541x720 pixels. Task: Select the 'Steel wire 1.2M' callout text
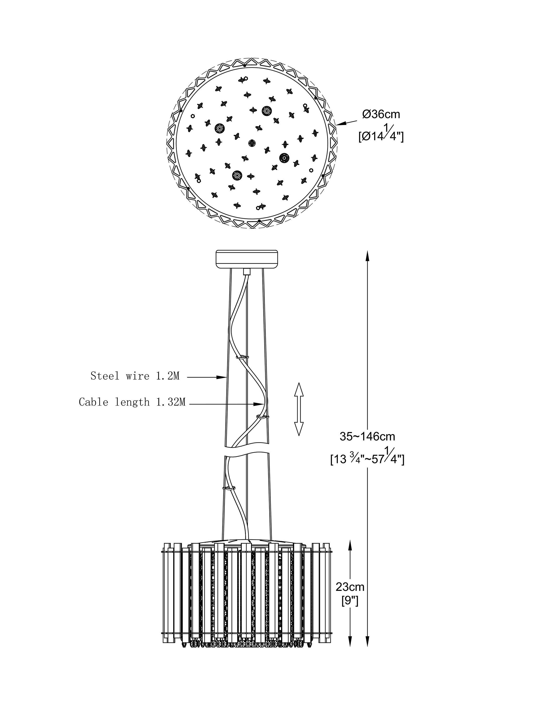(135, 376)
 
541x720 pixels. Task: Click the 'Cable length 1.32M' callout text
(132, 402)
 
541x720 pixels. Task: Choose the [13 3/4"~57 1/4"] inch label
(367, 457)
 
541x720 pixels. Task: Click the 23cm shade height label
(350, 587)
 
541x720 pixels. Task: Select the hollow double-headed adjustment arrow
(299, 409)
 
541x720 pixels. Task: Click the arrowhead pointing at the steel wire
(222, 377)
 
